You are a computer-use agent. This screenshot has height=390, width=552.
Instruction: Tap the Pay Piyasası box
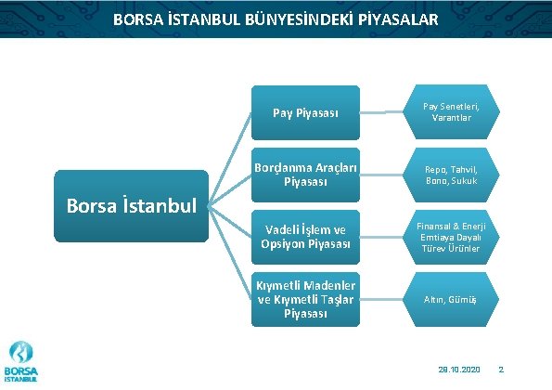pos(305,113)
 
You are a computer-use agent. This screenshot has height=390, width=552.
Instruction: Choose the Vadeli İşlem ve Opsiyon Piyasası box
pos(305,237)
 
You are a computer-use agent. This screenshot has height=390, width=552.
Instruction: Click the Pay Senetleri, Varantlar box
pos(452,113)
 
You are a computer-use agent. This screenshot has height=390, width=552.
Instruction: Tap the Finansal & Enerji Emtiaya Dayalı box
pos(452,237)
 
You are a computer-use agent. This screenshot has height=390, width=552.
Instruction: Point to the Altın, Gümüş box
pos(452,298)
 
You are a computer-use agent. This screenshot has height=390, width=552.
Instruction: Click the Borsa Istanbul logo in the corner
pos(21,362)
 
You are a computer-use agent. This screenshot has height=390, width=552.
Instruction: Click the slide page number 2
pos(501,370)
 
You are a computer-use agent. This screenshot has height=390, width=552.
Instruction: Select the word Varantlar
pos(452,119)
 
